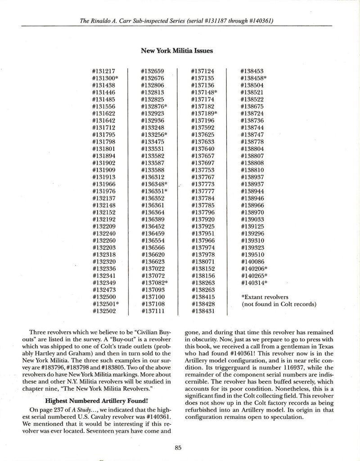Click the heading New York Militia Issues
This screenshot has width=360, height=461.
tap(177, 51)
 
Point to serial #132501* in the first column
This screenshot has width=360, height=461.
tap(105, 304)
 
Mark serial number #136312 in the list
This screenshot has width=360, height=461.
tap(153, 177)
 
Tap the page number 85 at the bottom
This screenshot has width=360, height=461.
tap(178, 447)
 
